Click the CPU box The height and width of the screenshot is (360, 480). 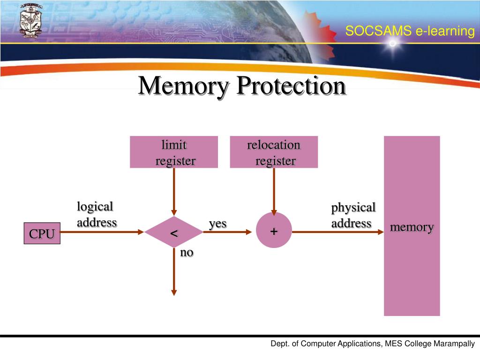click(x=42, y=233)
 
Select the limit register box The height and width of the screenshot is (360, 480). click(x=174, y=152)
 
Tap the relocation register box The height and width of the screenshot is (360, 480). click(x=274, y=152)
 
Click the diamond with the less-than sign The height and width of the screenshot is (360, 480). click(x=174, y=232)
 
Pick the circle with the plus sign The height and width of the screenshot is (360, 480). click(x=274, y=231)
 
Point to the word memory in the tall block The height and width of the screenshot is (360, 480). click(x=412, y=227)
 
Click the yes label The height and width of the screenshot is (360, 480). click(x=217, y=224)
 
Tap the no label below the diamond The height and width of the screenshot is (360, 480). click(x=187, y=252)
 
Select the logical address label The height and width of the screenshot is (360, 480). click(x=97, y=214)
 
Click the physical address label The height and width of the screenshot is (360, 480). click(x=353, y=215)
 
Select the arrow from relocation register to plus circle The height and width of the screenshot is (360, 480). click(x=274, y=190)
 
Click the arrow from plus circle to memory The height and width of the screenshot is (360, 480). click(x=337, y=232)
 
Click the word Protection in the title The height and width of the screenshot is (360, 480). click(x=291, y=86)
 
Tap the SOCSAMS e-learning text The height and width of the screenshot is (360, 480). click(x=410, y=31)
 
